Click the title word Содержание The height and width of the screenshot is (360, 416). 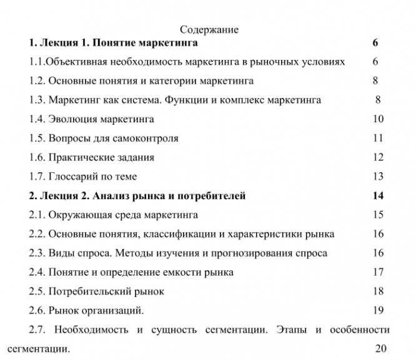coord(209,29)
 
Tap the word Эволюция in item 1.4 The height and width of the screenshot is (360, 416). coord(73,119)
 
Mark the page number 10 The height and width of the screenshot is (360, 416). coord(378,119)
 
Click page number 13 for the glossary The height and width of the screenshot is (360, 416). coord(378,177)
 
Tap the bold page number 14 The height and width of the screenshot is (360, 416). coord(377,196)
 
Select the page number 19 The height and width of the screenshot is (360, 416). coord(378,310)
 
